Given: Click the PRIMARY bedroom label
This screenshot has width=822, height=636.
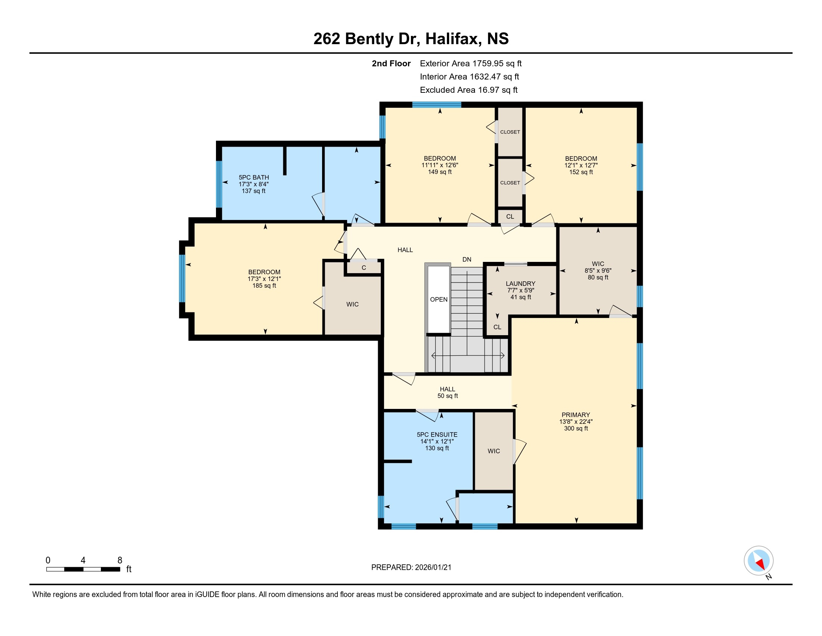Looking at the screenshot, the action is point(576,415).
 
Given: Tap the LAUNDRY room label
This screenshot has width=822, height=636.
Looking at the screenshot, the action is point(520,284).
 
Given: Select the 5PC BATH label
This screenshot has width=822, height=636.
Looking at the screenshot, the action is point(254,177).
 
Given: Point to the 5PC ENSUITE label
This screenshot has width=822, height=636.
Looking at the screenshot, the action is point(437,435).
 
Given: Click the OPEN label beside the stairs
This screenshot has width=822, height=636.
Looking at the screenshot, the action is point(439,300).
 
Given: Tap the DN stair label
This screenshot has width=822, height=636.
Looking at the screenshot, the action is point(467,260).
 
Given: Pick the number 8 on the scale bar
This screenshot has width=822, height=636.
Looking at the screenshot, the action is point(120,560).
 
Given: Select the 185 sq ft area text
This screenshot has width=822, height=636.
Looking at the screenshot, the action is point(264,285).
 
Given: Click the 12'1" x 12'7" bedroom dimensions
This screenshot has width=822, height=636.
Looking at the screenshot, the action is point(581,165).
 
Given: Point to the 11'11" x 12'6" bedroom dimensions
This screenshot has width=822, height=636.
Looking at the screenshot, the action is point(440,165).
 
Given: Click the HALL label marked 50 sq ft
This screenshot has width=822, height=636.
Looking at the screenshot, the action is point(448,389).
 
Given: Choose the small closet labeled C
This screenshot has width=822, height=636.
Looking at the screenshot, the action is point(364,268).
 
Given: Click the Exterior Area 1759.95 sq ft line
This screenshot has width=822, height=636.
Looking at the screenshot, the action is point(470,64).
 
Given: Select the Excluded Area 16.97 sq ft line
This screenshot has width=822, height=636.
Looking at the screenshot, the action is point(469,90).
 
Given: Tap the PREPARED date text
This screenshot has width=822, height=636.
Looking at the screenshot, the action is point(411,568).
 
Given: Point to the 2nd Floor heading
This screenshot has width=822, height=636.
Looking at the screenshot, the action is point(391,64).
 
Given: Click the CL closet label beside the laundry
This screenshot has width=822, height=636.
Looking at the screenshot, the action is point(497,327).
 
